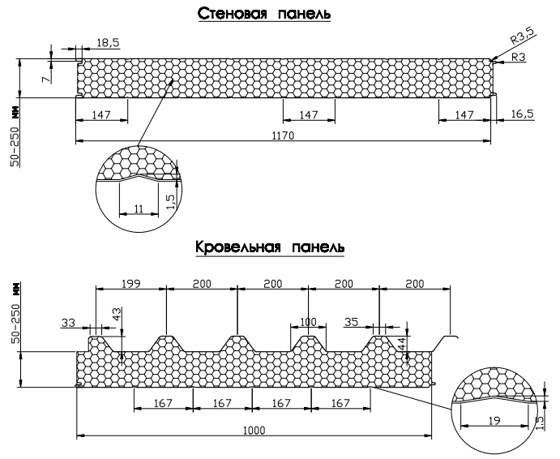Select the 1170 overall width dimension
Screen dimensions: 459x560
(x=281, y=135)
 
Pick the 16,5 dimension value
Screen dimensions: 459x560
(x=524, y=114)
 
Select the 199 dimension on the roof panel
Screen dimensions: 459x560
(x=130, y=283)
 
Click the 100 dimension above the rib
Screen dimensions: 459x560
(x=308, y=322)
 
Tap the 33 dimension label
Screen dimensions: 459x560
(x=68, y=322)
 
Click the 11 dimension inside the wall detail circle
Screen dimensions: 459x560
(x=139, y=209)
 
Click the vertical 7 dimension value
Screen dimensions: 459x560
(x=45, y=77)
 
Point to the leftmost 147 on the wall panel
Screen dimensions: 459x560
(x=100, y=115)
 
